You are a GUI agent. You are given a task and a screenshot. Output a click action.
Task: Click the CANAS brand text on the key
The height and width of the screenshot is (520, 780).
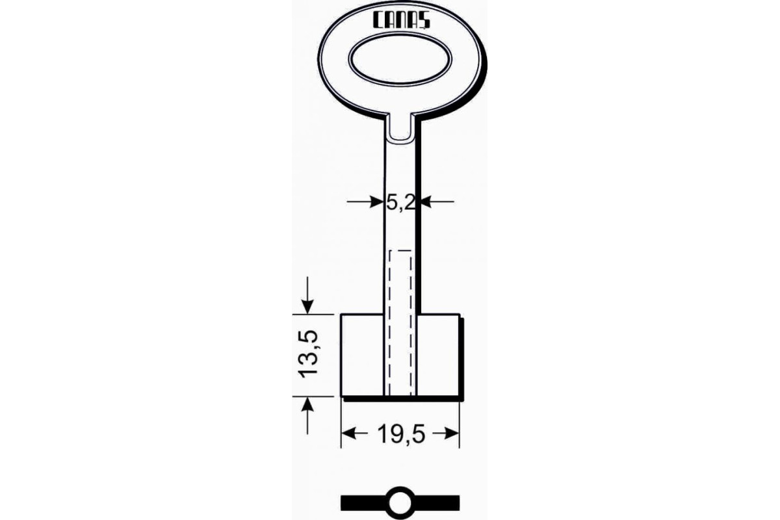point(402,21)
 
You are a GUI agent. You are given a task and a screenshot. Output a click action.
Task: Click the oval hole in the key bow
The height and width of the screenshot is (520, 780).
point(400,59)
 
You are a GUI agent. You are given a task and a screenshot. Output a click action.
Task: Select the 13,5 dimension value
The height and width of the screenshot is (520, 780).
point(309,354)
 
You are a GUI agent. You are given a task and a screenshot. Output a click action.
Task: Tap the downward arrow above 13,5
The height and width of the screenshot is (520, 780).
point(307,295)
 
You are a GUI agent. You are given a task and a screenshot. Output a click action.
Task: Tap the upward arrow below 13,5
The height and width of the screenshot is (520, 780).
point(307,416)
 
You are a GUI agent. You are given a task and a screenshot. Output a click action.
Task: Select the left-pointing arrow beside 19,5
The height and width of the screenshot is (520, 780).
point(354,434)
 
